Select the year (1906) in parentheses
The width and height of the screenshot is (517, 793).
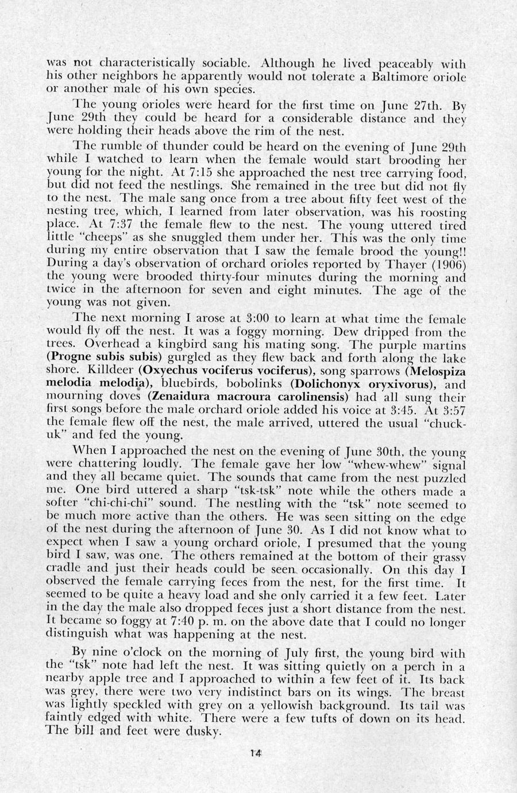pyautogui.click(x=447, y=264)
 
